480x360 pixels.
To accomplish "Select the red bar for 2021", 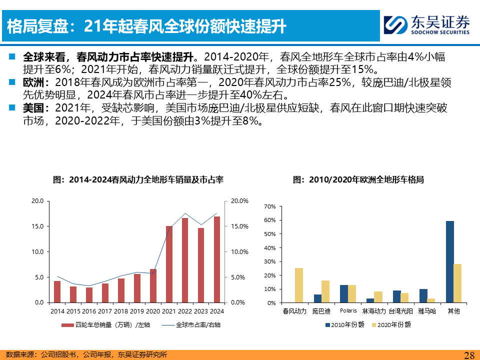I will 169,264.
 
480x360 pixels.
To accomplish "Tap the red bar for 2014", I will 57,291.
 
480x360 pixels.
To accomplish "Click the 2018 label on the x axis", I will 121,311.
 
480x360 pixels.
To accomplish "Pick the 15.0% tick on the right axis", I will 238,226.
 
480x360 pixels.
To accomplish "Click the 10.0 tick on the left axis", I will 38,252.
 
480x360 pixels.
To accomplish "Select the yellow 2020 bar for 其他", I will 458,283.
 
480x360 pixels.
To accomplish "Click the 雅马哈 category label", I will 426,311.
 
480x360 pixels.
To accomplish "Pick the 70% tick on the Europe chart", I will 269,206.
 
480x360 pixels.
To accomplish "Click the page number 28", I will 469,355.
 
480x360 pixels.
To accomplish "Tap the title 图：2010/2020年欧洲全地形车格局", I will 358,179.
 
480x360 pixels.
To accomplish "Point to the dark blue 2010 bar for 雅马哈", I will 423,296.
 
